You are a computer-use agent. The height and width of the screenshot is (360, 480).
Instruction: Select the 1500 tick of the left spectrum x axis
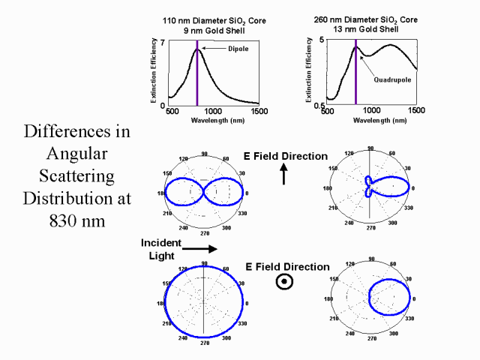pos(259,111)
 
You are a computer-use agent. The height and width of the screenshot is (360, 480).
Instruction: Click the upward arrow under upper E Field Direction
pos(284,175)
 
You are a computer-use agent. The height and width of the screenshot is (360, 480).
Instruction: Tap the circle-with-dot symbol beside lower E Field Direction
pos(284,281)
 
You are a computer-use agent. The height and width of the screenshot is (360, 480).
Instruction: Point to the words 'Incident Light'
pos(160,250)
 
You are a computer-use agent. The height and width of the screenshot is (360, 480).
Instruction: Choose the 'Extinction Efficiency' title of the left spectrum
pos(152,73)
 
